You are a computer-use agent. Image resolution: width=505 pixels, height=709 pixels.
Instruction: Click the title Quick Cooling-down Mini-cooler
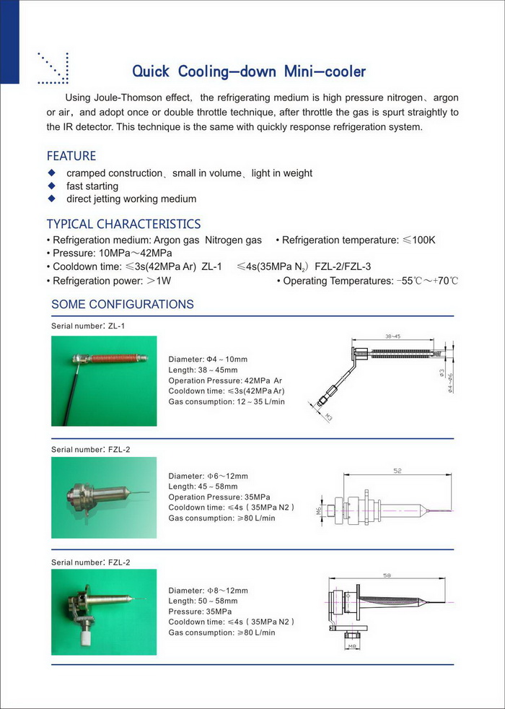[249, 71]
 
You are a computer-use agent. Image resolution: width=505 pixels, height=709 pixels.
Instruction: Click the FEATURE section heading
[71, 156]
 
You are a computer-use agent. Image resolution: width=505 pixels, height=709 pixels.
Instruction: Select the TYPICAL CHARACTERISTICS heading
[123, 224]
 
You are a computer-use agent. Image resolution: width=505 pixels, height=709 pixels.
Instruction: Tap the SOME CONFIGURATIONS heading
[123, 304]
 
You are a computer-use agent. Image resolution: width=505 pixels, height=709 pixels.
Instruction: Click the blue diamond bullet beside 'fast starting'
[51, 186]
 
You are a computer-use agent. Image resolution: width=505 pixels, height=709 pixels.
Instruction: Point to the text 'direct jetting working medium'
[131, 199]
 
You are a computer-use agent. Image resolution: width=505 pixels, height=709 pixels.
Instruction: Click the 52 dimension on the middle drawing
[398, 470]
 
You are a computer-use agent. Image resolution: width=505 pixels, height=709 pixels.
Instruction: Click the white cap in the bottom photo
[92, 639]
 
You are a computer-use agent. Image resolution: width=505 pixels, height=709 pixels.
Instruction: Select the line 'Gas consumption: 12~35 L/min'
[227, 401]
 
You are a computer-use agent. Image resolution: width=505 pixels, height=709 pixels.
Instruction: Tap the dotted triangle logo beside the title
[53, 66]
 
